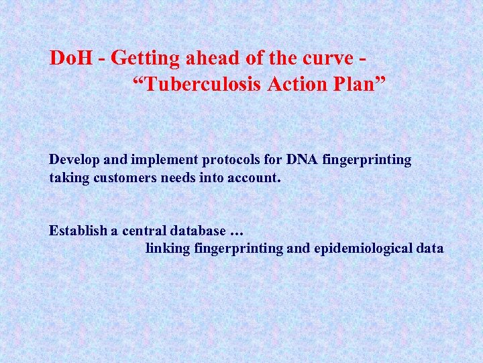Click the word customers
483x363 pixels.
tap(128, 178)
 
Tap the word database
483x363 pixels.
tap(195, 231)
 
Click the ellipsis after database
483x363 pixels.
tap(235, 232)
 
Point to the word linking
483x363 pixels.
tap(168, 249)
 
